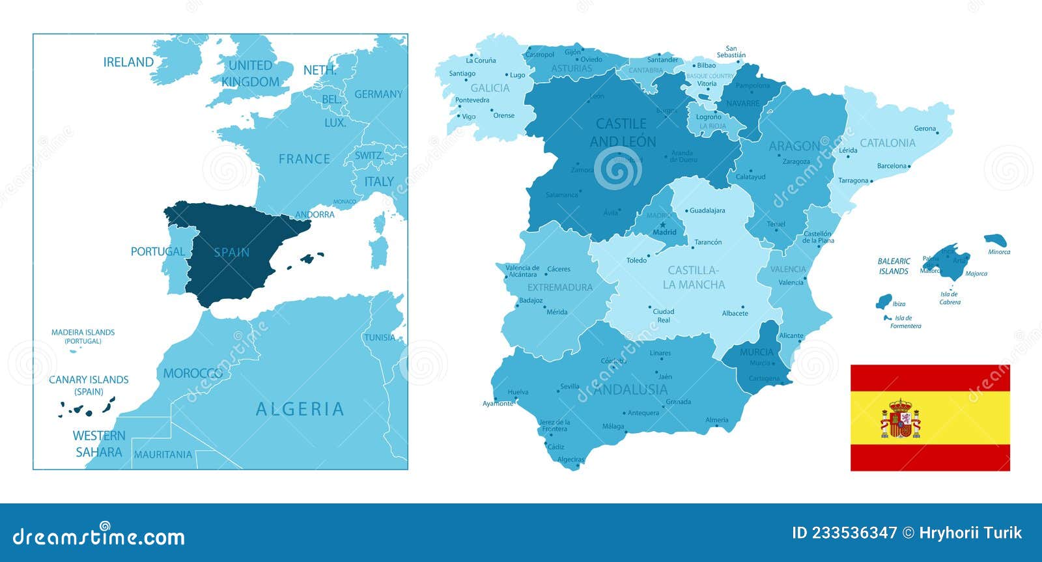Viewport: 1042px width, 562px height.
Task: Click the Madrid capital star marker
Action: tap(663, 225)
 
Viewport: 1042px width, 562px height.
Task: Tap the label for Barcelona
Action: tap(892, 166)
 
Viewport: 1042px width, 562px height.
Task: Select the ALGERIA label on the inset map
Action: tap(300, 409)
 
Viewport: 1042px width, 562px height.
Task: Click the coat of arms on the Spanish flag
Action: tap(901, 418)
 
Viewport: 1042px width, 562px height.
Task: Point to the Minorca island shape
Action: tap(995, 240)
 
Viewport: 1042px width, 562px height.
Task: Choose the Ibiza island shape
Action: tap(884, 302)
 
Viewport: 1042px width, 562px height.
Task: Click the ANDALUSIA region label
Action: tap(630, 389)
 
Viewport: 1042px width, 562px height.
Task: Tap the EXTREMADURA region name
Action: tap(560, 287)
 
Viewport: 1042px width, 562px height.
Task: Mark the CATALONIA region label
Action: tap(888, 143)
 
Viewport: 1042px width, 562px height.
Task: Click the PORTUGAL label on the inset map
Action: tap(158, 251)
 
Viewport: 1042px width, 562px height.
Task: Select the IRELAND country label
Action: tap(128, 62)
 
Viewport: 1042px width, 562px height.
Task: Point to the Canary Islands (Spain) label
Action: tap(89, 385)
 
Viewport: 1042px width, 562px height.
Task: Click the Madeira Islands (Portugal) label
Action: tap(83, 336)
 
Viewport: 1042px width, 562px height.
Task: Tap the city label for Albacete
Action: tap(735, 313)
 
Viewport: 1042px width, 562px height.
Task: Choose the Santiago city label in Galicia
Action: tap(462, 74)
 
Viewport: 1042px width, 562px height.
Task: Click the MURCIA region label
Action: tap(757, 352)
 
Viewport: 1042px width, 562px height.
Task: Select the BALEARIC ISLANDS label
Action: tap(894, 266)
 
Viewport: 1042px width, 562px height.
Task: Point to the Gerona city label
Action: tap(925, 129)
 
